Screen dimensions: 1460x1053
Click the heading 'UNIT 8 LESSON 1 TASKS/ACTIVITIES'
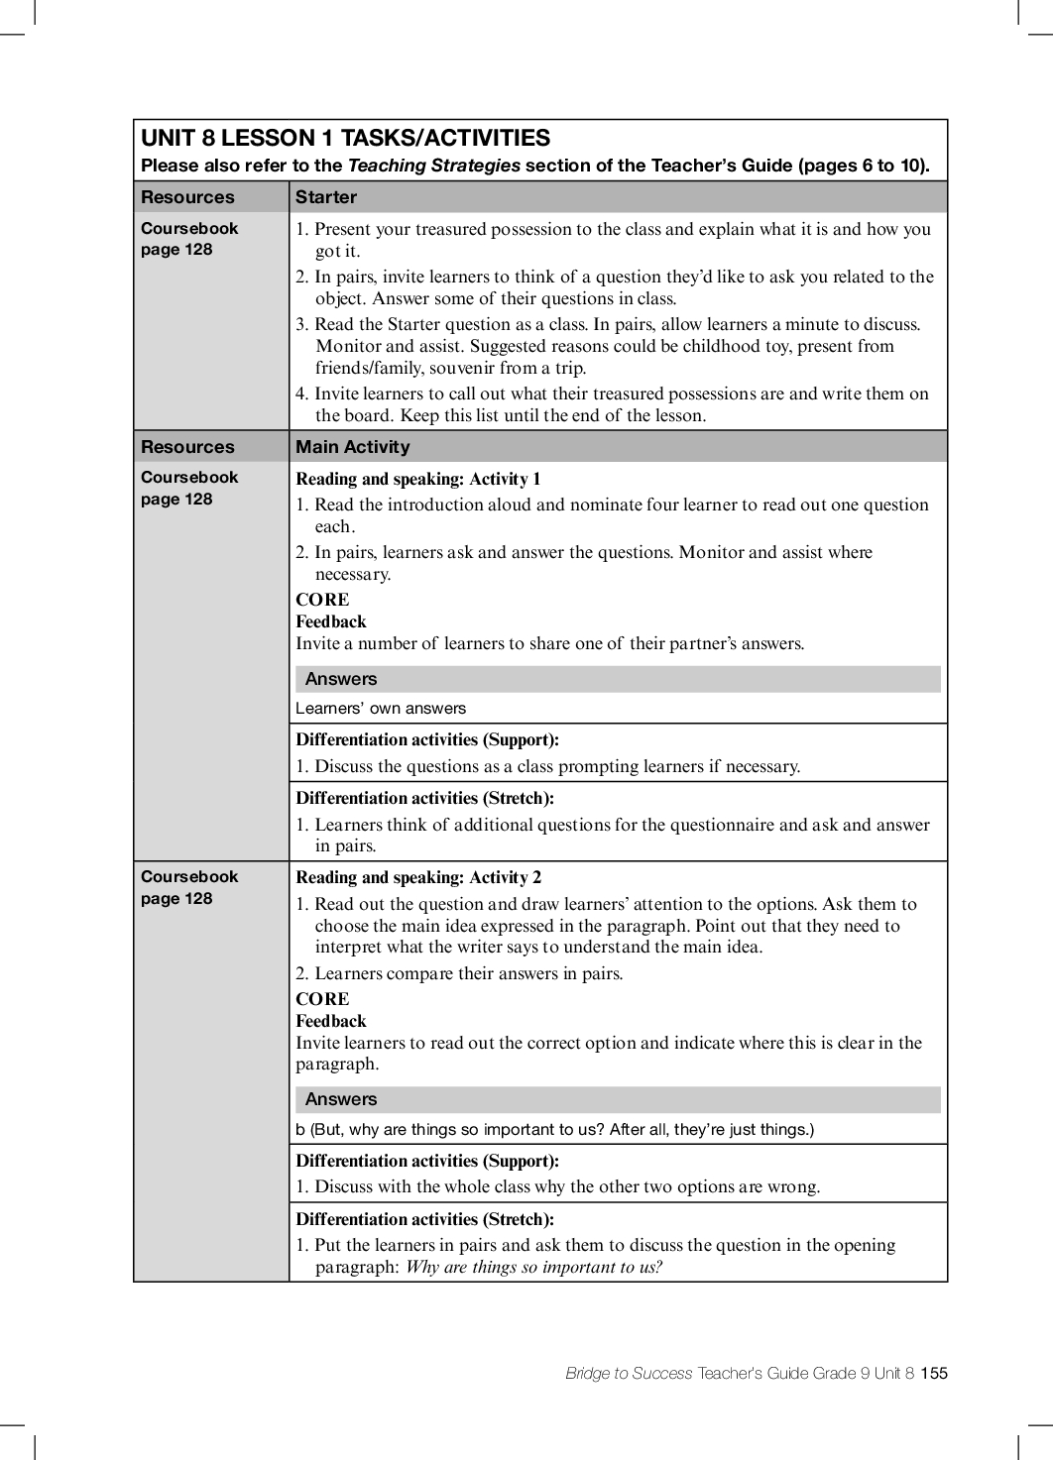point(345,138)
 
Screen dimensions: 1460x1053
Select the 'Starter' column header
point(326,197)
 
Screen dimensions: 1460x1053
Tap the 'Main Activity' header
point(352,447)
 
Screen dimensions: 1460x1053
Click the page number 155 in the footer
point(934,1373)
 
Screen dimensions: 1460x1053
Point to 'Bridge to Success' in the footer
point(629,1373)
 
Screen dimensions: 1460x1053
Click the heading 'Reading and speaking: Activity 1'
point(418,479)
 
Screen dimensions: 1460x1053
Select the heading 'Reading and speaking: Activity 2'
point(418,877)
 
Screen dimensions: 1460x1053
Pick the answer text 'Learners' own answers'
point(381,709)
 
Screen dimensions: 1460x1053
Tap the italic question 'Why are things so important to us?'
point(534,1267)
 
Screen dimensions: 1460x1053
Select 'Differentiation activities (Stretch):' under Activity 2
point(424,1219)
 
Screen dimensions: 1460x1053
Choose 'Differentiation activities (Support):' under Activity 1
point(427,739)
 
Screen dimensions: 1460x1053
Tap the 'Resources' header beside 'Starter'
point(187,197)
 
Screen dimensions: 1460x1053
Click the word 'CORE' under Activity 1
point(322,600)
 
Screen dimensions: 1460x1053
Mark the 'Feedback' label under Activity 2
point(331,1021)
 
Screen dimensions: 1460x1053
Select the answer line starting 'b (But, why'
point(554,1130)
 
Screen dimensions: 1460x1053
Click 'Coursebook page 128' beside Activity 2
point(189,887)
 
